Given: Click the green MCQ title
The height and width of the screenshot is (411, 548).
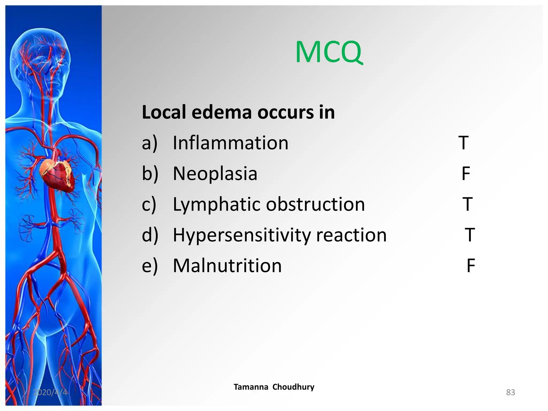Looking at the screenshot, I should click(x=329, y=52).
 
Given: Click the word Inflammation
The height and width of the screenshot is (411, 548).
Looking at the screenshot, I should click(x=230, y=143).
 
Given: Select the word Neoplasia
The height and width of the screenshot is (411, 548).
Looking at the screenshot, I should click(x=215, y=174).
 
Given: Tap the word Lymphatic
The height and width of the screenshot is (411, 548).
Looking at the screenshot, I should click(x=216, y=205).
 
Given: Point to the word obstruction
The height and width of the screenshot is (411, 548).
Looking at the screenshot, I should click(x=315, y=204).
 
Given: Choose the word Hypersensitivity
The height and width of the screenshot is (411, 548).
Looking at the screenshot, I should click(x=242, y=235).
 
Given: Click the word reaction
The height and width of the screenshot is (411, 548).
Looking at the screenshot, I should click(x=351, y=235).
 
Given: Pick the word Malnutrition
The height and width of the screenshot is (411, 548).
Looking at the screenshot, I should click(x=227, y=266).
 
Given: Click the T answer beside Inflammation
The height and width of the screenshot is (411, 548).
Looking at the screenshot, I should click(x=463, y=143).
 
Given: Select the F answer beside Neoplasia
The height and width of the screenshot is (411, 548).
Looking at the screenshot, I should click(x=466, y=174).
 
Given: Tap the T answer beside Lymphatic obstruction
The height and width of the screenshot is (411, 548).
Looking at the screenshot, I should click(x=467, y=204).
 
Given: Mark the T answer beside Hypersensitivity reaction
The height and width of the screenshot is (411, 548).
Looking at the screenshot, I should click(x=470, y=235).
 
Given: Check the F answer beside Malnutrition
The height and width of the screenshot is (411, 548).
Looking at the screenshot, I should click(x=471, y=266).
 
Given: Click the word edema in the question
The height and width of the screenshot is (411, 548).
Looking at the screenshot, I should click(x=222, y=112).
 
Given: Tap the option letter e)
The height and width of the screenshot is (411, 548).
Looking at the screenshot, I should click(x=150, y=266).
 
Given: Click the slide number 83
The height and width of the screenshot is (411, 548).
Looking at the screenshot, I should click(x=511, y=392).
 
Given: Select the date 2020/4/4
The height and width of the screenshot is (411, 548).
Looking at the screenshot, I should click(x=50, y=392).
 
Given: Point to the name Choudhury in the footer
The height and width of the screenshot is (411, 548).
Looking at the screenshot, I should click(x=293, y=387).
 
